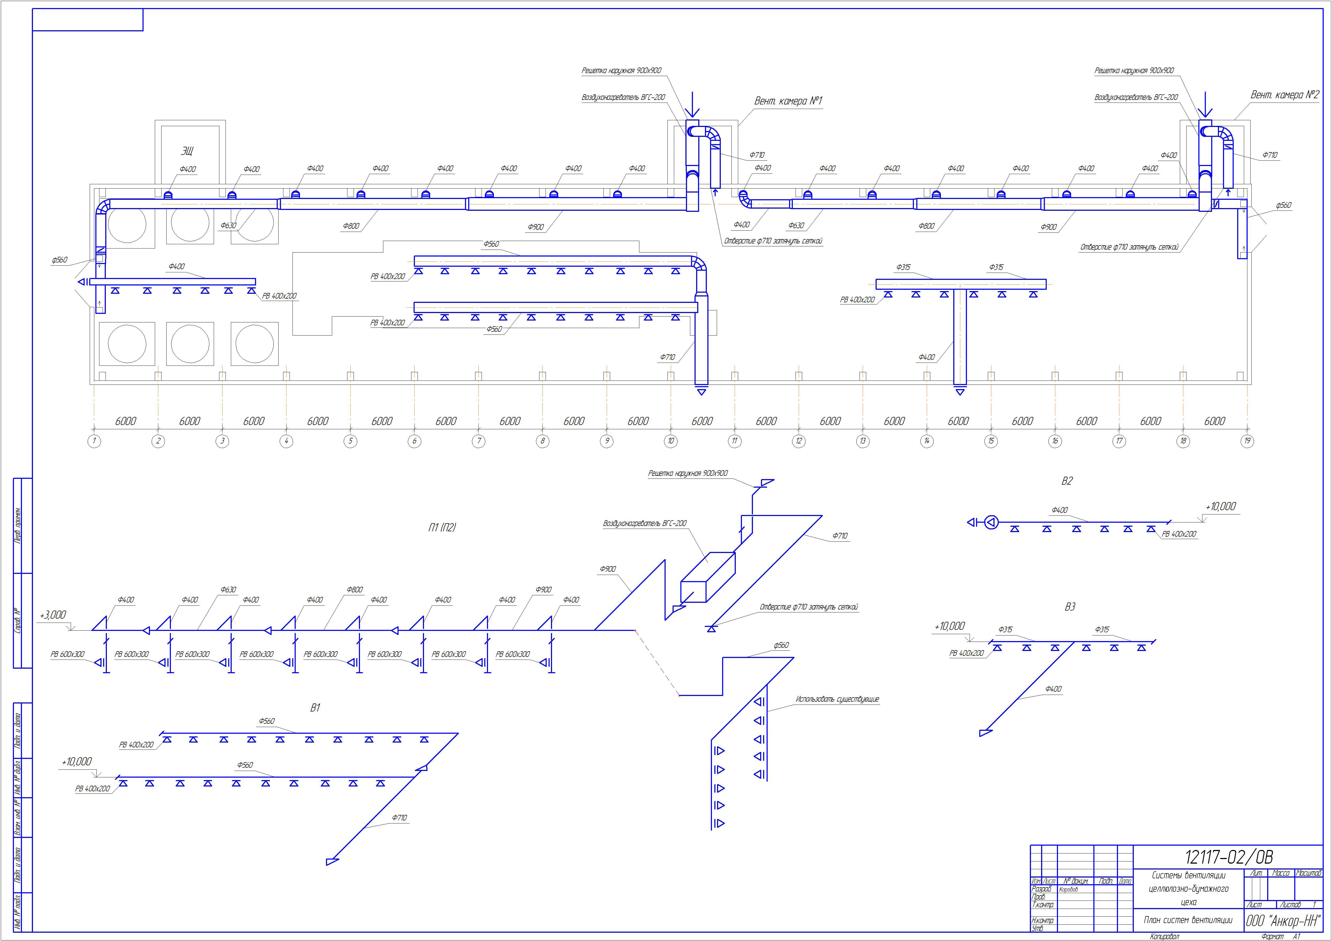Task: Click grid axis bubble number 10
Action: pos(671,441)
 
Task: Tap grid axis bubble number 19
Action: pos(1247,441)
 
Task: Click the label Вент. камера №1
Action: pos(788,101)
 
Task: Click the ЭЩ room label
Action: pos(187,151)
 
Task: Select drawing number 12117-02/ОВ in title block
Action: pos(1228,857)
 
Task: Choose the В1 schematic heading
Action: pos(315,708)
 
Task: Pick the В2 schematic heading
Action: pos(1067,481)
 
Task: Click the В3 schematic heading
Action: pos(1070,607)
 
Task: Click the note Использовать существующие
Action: pos(837,699)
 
